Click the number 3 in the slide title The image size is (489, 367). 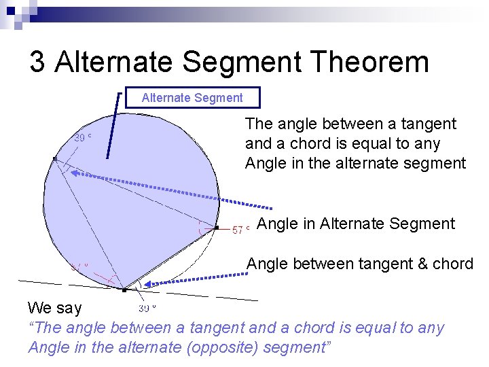click(x=37, y=63)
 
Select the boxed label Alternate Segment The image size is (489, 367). click(x=192, y=98)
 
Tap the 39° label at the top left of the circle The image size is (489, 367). click(x=82, y=137)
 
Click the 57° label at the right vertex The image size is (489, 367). click(x=241, y=230)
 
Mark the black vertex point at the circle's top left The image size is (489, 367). click(x=55, y=158)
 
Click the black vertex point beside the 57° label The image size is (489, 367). click(x=217, y=228)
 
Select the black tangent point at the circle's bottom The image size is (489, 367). click(x=124, y=290)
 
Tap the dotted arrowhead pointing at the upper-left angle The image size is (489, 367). click(x=75, y=173)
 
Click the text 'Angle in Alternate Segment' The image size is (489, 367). click(x=357, y=224)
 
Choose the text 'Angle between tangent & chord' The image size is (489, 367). click(x=360, y=264)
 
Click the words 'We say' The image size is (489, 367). click(x=54, y=308)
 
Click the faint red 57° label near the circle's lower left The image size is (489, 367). click(x=80, y=266)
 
